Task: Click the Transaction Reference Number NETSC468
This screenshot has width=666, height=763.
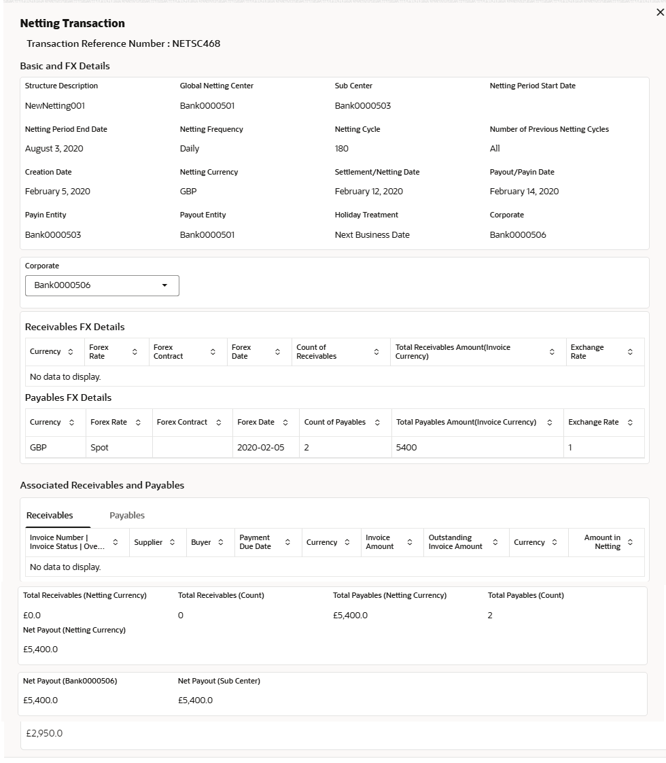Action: coord(123,44)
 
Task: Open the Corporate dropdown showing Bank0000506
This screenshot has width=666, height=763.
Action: coord(102,285)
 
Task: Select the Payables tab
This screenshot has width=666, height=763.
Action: coord(127,515)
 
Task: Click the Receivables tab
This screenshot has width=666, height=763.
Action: coord(50,515)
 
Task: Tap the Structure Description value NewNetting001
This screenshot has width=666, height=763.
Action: coord(55,106)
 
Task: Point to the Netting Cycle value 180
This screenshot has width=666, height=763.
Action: coord(342,149)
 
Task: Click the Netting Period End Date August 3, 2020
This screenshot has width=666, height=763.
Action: coord(54,149)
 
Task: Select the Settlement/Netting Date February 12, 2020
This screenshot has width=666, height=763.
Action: coord(368,192)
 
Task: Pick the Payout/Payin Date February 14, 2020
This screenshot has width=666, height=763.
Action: coord(524,192)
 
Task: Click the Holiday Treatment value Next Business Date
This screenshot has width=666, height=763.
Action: coord(372,235)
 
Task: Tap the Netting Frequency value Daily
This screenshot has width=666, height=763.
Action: coord(190,149)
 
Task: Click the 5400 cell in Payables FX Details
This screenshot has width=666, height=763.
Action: coord(406,448)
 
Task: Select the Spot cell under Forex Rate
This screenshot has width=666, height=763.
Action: coord(99,448)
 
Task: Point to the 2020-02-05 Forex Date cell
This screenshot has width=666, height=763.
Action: coord(260,448)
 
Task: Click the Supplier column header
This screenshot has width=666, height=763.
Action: coord(147,542)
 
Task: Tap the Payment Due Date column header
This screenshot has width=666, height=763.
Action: coord(255,542)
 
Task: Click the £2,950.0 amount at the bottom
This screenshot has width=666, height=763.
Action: coord(44,734)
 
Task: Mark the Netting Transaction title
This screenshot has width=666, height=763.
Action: coord(73,24)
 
